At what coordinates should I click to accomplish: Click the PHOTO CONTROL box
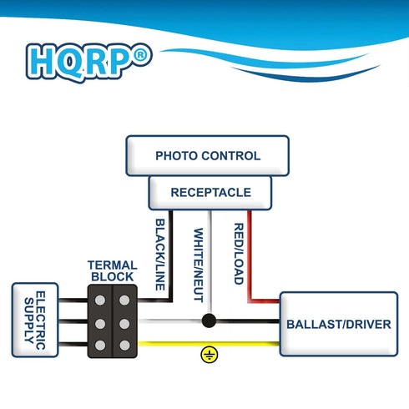point(208,156)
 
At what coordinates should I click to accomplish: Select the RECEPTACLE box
point(210,193)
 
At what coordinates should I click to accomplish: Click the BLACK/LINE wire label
point(159,255)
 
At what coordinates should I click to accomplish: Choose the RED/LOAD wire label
point(238,254)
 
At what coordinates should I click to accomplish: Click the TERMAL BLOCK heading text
point(111,270)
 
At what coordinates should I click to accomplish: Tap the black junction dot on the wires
point(209,321)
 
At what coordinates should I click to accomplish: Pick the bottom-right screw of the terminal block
point(124,345)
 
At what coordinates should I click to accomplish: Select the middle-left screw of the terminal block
point(100,321)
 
